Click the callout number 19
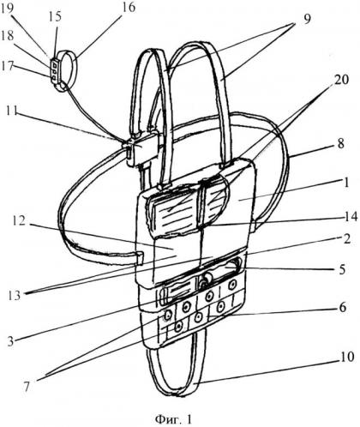(x=7, y=7)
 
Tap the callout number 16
(x=129, y=7)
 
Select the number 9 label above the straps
(x=307, y=20)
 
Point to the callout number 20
(x=342, y=80)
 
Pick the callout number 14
(x=351, y=217)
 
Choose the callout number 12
(x=19, y=221)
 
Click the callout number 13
(x=15, y=295)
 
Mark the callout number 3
(x=10, y=341)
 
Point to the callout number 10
(x=347, y=357)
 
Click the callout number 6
(x=343, y=307)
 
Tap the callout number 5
(x=342, y=269)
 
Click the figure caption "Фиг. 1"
(x=173, y=419)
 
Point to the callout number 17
(x=7, y=66)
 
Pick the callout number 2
(x=346, y=239)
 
